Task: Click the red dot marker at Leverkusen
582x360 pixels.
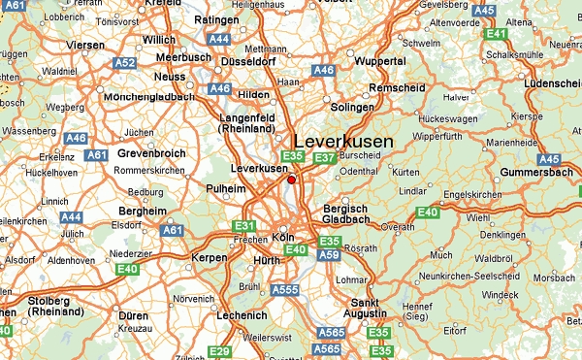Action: click(291, 179)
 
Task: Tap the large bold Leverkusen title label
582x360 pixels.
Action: click(343, 142)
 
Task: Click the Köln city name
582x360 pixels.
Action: click(283, 237)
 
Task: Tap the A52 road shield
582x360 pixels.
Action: click(124, 64)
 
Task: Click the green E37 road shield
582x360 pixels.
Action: click(325, 158)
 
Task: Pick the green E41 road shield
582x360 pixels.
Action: click(498, 34)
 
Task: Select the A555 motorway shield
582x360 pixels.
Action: click(284, 289)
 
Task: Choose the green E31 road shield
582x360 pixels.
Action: click(244, 226)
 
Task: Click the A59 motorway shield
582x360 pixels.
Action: click(329, 255)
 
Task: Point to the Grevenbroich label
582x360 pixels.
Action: click(150, 153)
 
